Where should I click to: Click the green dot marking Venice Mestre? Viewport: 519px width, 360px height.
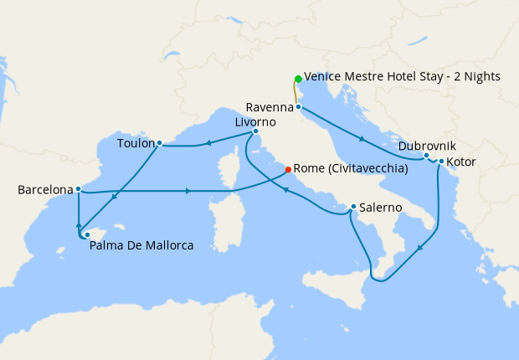pyautogui.click(x=298, y=79)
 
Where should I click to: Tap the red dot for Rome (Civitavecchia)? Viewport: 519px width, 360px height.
pyautogui.click(x=288, y=169)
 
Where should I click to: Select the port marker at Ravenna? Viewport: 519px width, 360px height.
pyautogui.click(x=298, y=107)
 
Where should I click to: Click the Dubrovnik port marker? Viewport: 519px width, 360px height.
pyautogui.click(x=426, y=156)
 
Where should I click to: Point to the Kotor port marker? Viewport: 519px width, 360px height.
pyautogui.click(x=441, y=162)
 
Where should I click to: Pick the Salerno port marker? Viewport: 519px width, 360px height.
pyautogui.click(x=353, y=207)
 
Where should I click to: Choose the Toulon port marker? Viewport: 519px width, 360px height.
pyautogui.click(x=159, y=143)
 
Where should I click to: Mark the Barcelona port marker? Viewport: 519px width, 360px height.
pyautogui.click(x=78, y=189)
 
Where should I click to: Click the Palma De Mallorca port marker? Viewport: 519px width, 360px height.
pyautogui.click(x=87, y=235)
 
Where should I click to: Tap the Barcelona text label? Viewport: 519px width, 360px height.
pyautogui.click(x=45, y=190)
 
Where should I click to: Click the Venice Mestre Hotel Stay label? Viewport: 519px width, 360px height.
pyautogui.click(x=402, y=76)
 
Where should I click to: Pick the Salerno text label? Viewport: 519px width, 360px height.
pyautogui.click(x=382, y=207)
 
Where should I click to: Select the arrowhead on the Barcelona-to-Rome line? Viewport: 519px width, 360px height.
pyautogui.click(x=188, y=192)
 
